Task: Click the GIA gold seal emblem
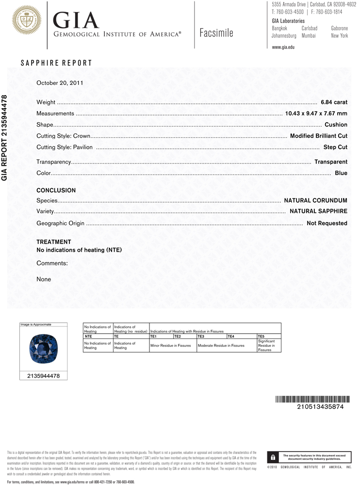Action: (x=27, y=20)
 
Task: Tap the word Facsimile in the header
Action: (x=216, y=33)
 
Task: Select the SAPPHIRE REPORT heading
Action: (x=56, y=63)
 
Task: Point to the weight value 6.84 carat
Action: (x=334, y=102)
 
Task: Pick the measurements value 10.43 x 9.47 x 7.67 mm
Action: (x=316, y=113)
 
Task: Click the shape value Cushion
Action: (x=336, y=125)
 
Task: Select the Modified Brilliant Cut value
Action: (x=318, y=136)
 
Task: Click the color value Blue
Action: (x=341, y=173)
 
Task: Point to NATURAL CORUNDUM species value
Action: (x=315, y=200)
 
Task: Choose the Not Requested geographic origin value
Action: (x=327, y=223)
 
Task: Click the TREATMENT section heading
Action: (x=54, y=242)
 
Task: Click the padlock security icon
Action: (x=273, y=457)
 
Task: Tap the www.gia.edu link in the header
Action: (x=283, y=47)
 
